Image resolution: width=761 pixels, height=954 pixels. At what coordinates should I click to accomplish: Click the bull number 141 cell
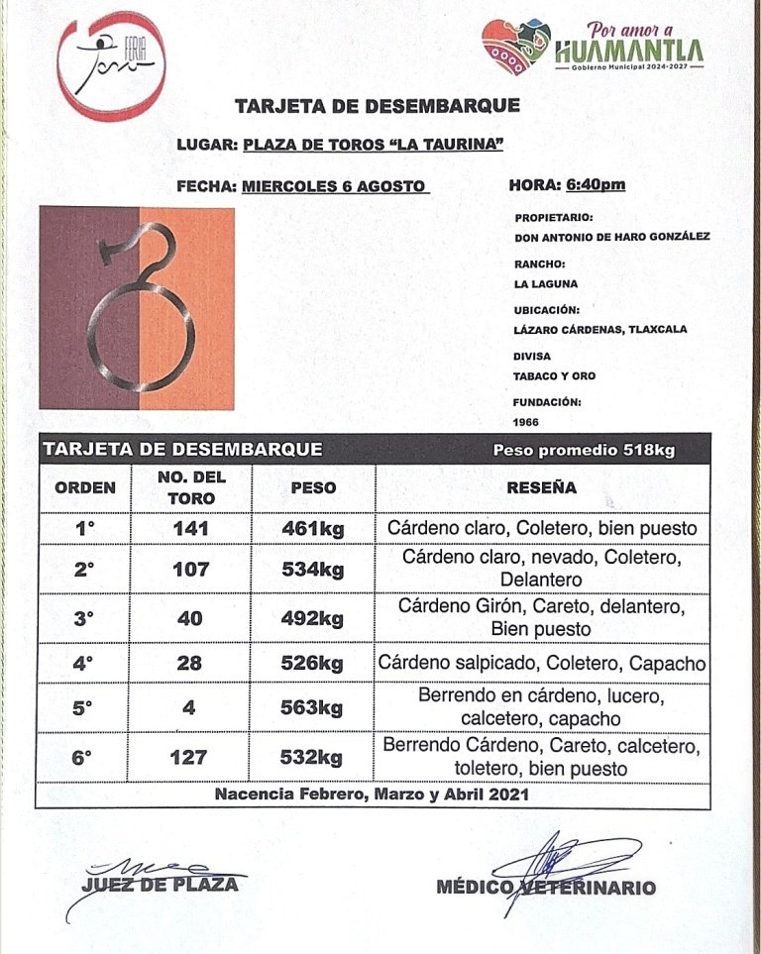click(190, 529)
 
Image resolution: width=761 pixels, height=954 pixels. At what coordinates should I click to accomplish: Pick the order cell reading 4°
click(84, 664)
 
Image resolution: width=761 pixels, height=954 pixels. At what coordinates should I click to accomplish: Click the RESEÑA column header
click(541, 487)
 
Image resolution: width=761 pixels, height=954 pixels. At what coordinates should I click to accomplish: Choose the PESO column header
click(312, 487)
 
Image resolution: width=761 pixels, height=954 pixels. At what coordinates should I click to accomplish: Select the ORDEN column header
click(84, 487)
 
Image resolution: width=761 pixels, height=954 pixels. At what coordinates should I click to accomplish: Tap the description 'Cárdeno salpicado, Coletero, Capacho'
click(542, 664)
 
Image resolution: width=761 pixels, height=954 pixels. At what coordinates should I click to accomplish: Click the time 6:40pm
click(597, 185)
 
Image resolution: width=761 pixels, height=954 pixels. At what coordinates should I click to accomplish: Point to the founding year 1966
click(527, 420)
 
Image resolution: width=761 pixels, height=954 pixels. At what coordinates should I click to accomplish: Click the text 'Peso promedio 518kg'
click(584, 451)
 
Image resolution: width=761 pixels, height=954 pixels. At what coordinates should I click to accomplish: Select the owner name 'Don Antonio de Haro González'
click(612, 238)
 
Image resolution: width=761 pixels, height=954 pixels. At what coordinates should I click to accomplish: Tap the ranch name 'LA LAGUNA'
click(546, 283)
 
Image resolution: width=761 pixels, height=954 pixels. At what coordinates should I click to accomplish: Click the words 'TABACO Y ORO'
click(555, 376)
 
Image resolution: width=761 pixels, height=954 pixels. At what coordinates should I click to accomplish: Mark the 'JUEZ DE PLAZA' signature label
click(161, 884)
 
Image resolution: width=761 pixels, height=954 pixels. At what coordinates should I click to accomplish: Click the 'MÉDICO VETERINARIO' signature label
click(546, 888)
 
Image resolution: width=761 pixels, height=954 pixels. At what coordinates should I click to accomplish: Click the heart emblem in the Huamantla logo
click(516, 49)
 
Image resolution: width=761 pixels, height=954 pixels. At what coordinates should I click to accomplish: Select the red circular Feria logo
click(111, 64)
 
